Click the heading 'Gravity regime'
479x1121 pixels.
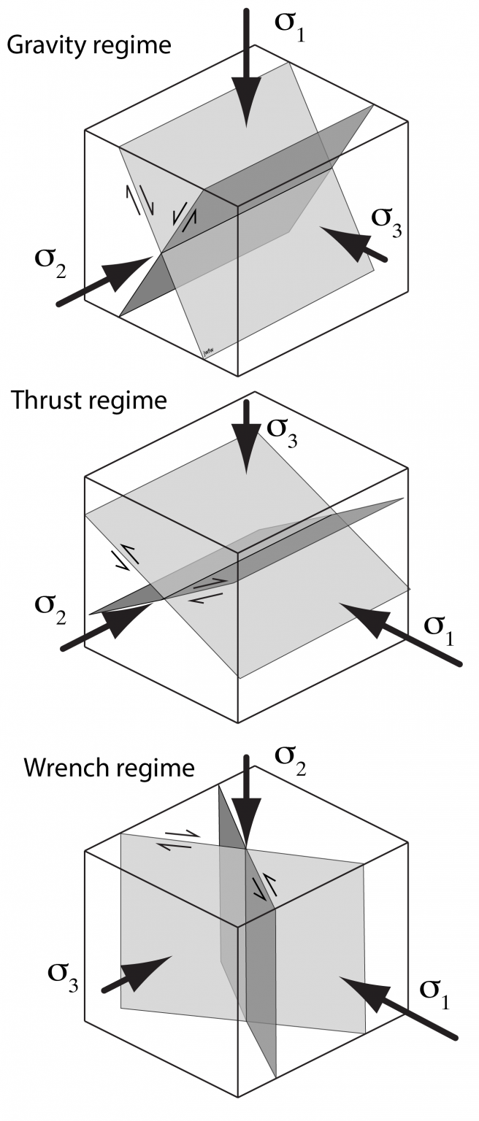(x=88, y=45)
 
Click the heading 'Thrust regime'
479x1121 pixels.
(x=89, y=401)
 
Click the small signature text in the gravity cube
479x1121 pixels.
(x=210, y=355)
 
